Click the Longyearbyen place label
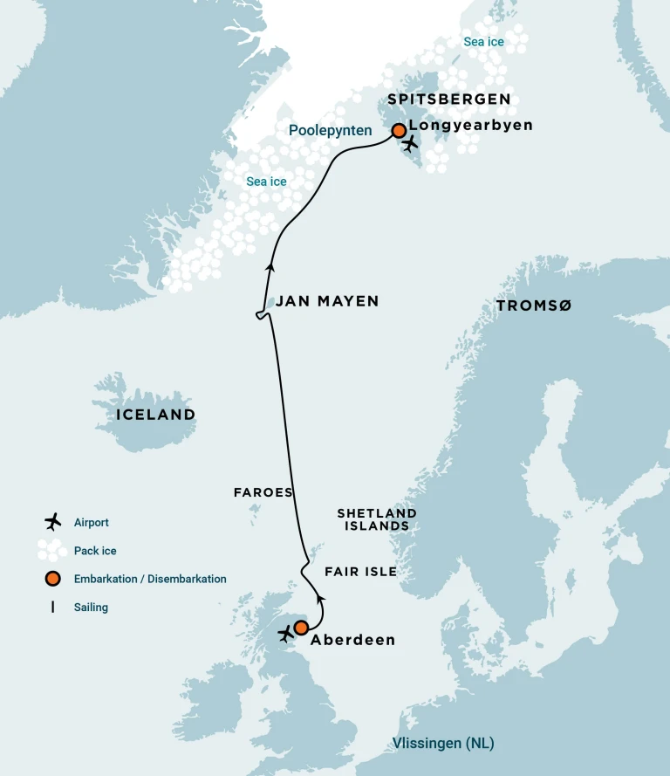[x=470, y=126]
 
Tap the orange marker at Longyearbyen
[x=399, y=131]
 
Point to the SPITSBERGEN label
[x=449, y=100]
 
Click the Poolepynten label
[x=331, y=131]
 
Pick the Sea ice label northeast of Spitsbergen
[x=483, y=42]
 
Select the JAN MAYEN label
[x=327, y=301]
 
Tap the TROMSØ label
[x=533, y=306]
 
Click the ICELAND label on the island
[x=156, y=415]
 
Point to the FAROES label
[x=263, y=492]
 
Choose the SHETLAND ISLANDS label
[x=377, y=519]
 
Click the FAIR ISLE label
[x=360, y=572]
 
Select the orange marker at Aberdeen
[x=301, y=628]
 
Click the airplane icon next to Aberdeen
[x=285, y=634]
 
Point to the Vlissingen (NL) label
[x=443, y=744]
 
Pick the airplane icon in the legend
[x=53, y=522]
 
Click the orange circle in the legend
[x=53, y=579]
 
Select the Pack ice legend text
[x=95, y=551]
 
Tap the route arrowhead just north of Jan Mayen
[x=270, y=268]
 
